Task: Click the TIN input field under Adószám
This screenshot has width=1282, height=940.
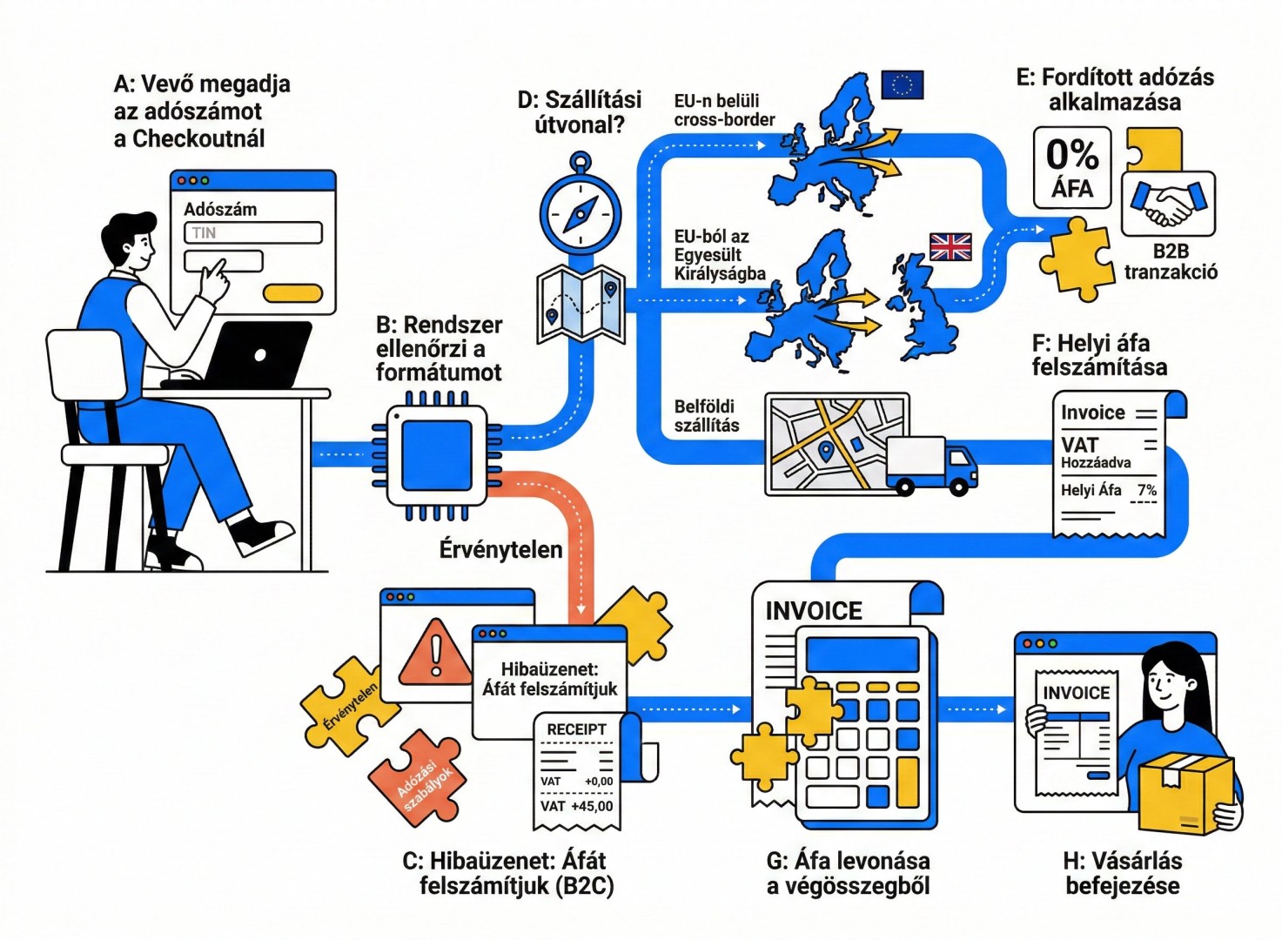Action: coord(252,233)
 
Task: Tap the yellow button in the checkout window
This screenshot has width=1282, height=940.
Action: coord(292,293)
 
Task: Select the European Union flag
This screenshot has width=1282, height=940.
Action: coord(902,84)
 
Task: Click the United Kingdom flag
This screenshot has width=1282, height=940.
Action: coord(950,247)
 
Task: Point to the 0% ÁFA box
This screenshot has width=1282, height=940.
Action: coord(1072,168)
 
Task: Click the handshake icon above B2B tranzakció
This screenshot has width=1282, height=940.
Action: coord(1168,205)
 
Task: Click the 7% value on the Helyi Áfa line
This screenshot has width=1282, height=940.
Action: coord(1146,491)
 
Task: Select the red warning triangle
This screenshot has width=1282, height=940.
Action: coord(435,651)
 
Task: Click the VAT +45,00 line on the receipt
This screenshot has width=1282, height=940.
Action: coord(576,807)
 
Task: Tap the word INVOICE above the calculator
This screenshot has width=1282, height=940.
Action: coord(814,611)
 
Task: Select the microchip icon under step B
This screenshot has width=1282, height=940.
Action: coord(437,455)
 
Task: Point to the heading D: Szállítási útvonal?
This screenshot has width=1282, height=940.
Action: coord(580,111)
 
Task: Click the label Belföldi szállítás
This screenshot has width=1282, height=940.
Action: coord(706,416)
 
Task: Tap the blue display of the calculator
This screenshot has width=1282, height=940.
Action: coord(862,654)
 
